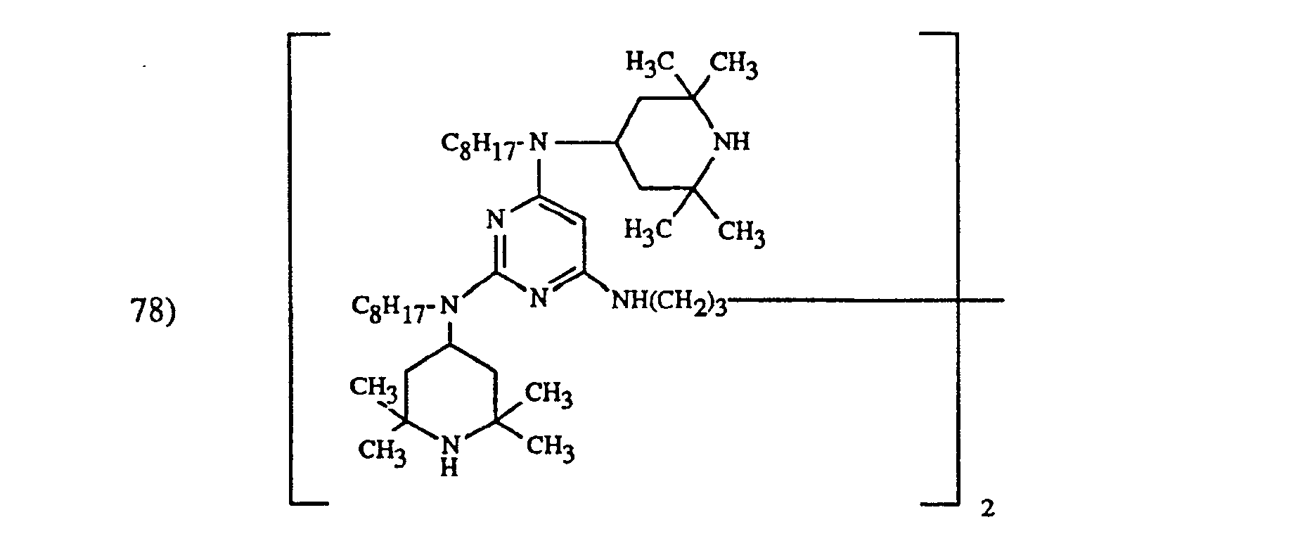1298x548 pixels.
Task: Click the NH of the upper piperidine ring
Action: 731,143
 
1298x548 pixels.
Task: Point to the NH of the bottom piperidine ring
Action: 450,454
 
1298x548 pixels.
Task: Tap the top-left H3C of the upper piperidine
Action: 650,64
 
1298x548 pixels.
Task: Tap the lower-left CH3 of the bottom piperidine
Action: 383,449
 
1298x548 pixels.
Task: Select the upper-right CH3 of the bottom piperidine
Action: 549,394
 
